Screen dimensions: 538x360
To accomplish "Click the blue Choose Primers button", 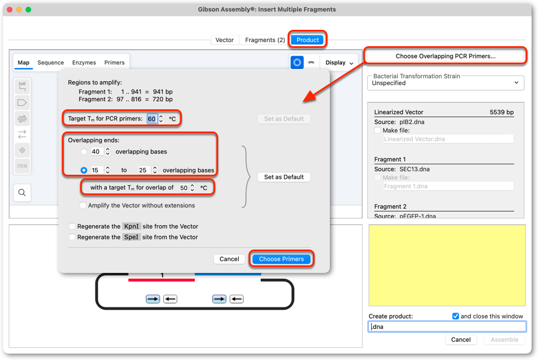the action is pos(281,259).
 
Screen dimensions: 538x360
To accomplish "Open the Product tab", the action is pos(308,40).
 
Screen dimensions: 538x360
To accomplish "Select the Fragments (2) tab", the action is pos(265,40).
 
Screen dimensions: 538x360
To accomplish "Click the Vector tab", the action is pos(225,40).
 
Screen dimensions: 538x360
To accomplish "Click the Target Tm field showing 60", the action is pos(151,119).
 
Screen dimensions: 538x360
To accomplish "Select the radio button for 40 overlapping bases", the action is pos(84,151).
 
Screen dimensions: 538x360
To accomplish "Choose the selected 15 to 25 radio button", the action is pos(84,170).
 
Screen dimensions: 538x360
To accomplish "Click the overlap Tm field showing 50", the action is pos(184,188).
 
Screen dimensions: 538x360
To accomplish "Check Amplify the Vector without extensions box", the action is pos(82,205).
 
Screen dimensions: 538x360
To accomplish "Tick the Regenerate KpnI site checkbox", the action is pos(72,226).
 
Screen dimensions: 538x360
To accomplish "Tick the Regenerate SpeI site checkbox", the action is pos(72,237).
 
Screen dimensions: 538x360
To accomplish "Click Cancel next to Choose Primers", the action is pos(229,259).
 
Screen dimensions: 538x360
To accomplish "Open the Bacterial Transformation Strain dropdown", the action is pos(446,83).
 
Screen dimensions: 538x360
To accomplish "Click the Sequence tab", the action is pos(50,63).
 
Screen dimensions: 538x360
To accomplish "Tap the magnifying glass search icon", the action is pos(22,192).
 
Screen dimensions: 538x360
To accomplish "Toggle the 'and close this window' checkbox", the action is pos(456,316).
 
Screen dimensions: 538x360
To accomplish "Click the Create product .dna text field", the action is pos(447,327).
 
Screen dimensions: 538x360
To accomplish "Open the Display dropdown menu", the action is pos(339,63).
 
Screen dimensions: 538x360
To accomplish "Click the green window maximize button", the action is pos(29,9).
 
